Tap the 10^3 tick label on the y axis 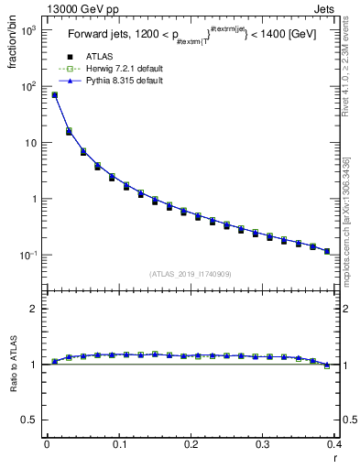point(27,30)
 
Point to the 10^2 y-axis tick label point(27,87)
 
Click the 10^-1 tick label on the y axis point(27,255)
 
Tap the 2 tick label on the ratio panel point(35,309)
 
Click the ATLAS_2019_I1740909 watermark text point(190,273)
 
